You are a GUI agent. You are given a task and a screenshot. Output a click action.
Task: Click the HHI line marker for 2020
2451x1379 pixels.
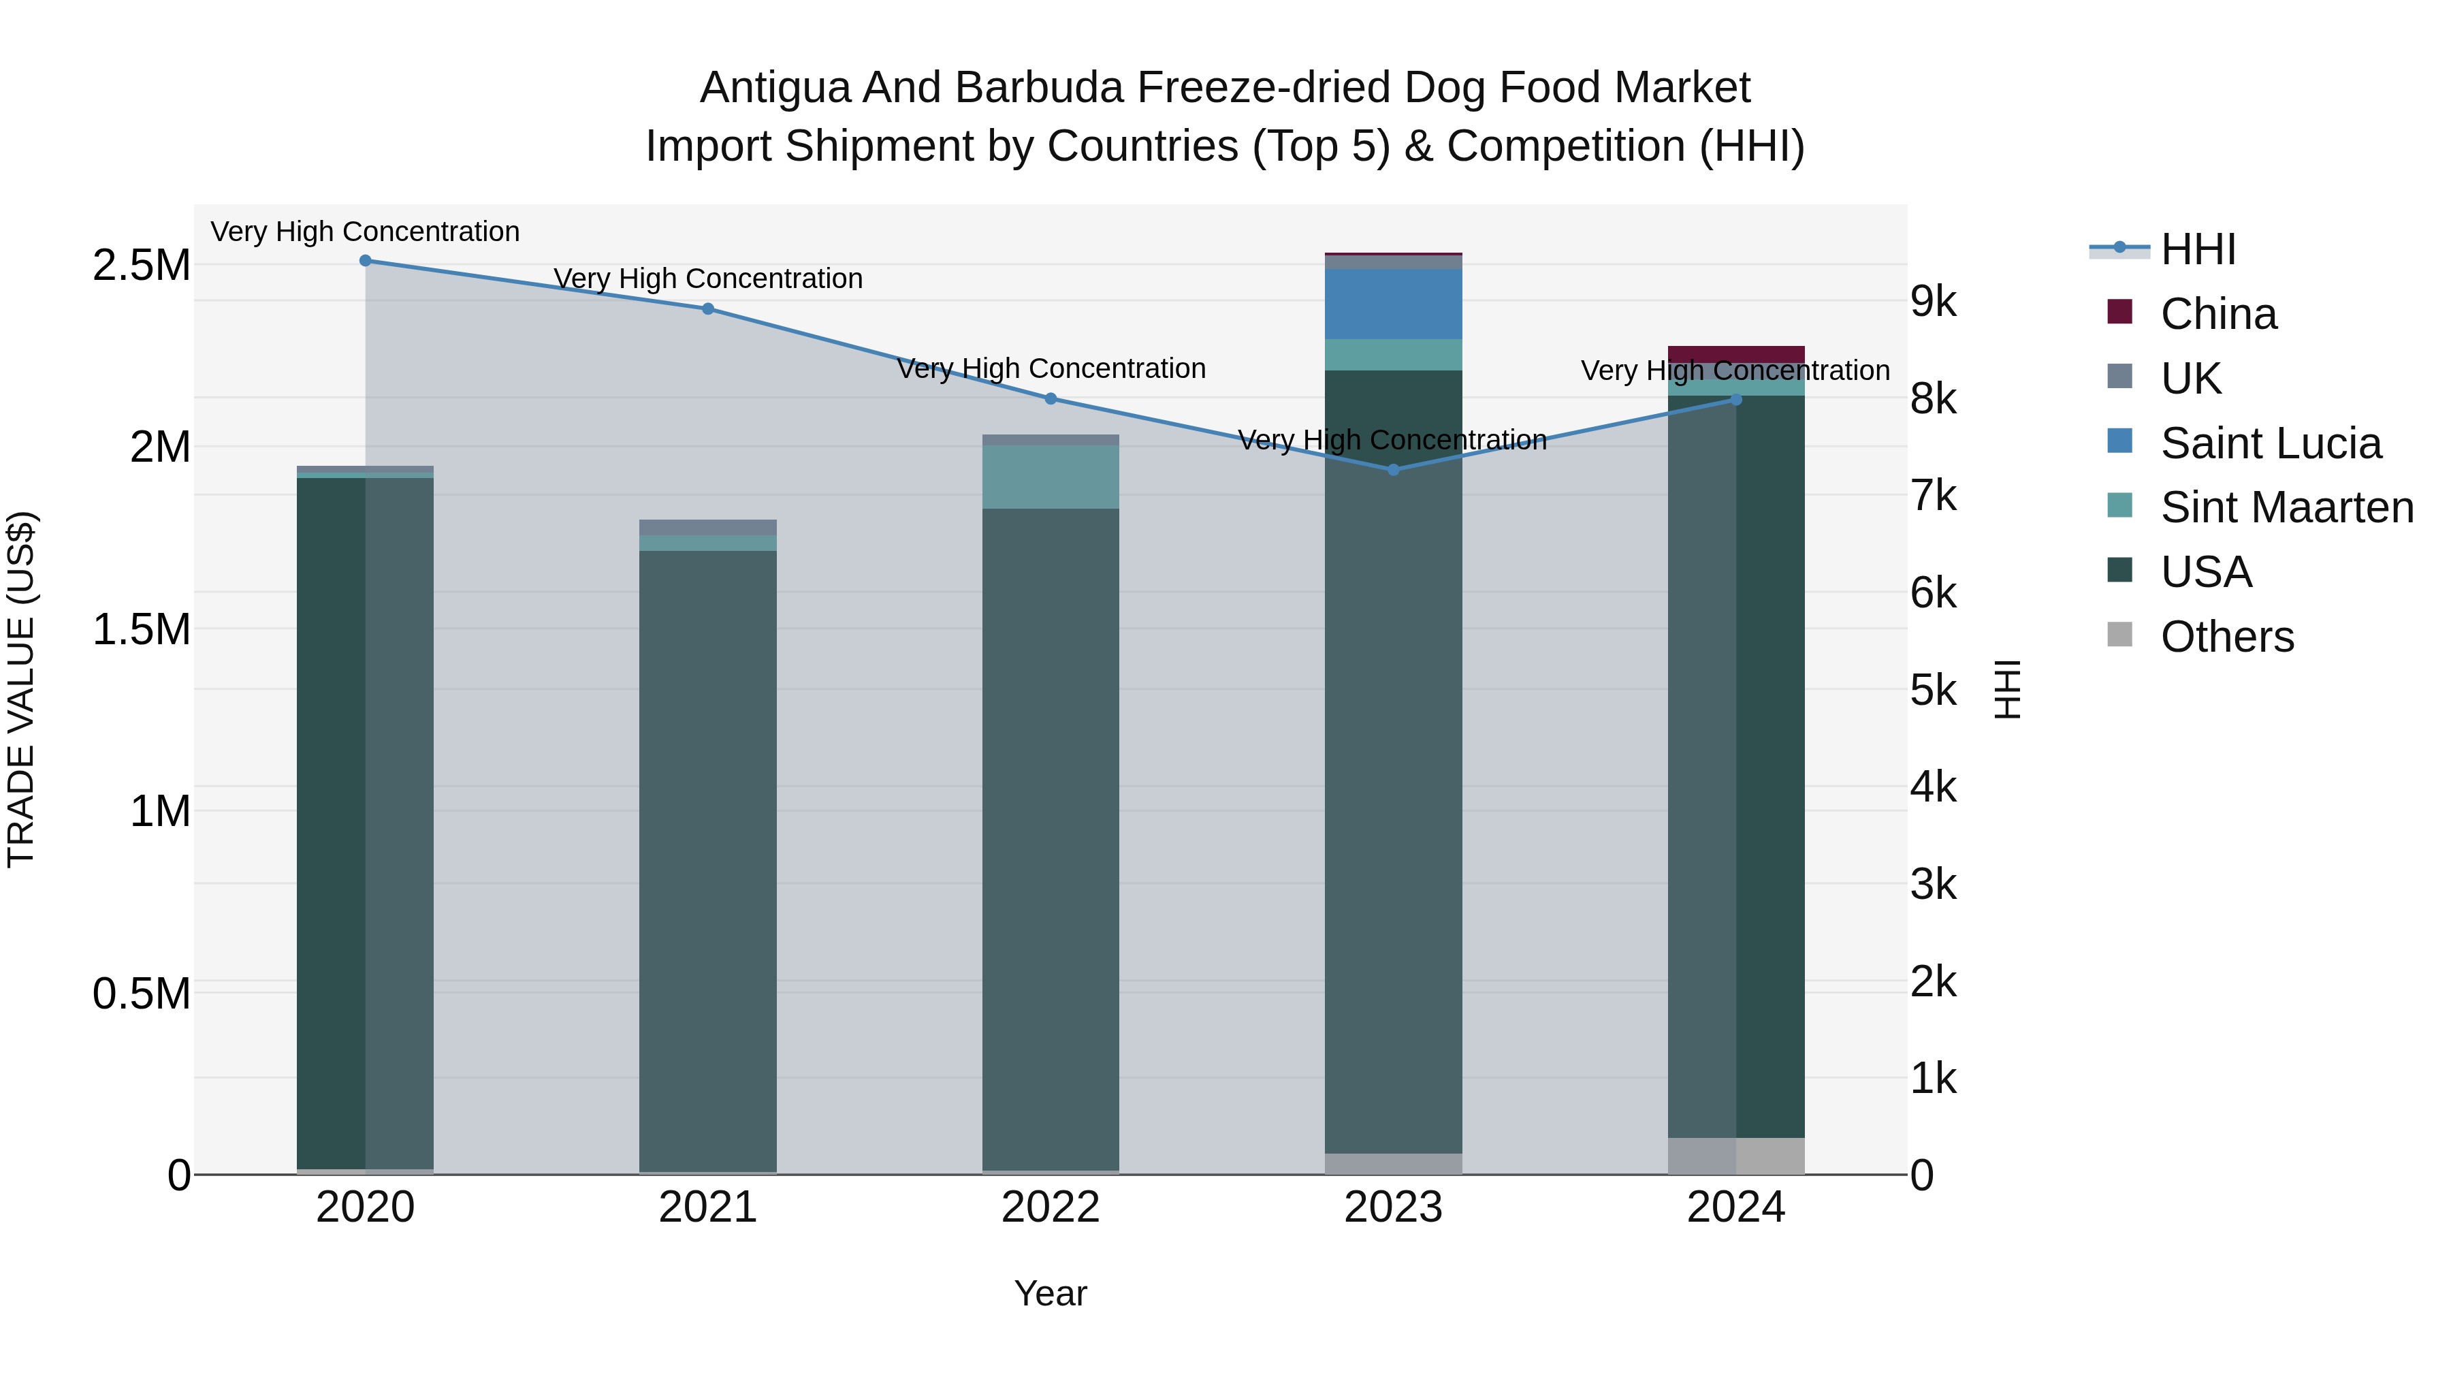tap(366, 261)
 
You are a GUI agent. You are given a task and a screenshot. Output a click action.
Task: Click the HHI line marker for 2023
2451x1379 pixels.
tap(1393, 469)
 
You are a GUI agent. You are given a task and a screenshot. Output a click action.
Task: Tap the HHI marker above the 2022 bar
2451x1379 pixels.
tap(1051, 399)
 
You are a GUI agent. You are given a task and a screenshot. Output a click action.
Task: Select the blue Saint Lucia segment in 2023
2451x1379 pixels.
tap(1393, 304)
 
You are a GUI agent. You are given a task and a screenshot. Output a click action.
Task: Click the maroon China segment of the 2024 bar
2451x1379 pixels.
tap(1735, 354)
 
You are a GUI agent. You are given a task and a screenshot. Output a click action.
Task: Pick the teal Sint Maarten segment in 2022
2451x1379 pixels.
tap(1051, 477)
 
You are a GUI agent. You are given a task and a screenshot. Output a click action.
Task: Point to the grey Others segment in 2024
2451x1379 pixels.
tap(1735, 1156)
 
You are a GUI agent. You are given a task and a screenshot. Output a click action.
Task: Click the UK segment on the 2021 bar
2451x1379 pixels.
tap(708, 527)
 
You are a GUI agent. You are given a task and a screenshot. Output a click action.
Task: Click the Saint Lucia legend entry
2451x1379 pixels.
tap(2270, 443)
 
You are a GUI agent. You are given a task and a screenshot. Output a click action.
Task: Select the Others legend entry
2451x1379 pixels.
tap(2226, 637)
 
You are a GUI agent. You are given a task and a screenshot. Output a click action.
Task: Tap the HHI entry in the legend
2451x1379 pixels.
tap(2198, 249)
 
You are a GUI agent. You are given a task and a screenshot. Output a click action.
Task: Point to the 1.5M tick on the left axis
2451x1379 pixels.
tap(141, 629)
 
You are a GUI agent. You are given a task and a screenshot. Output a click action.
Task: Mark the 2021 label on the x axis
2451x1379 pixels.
tap(708, 1207)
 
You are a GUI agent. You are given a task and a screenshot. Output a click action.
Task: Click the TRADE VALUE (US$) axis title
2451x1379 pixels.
tap(21, 689)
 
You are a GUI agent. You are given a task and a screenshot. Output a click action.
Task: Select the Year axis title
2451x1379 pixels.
tap(1051, 1293)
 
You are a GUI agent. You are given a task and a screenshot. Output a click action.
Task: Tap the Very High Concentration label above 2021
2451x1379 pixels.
tap(708, 279)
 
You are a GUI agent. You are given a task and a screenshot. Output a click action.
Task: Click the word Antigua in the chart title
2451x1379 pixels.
tap(775, 88)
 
